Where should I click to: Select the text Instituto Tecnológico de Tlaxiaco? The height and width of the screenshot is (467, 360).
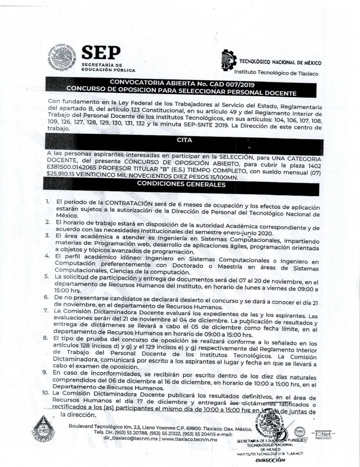[x=276, y=73]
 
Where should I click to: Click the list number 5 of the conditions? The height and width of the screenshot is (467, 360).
[x=47, y=276]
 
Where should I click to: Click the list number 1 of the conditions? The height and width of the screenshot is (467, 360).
[x=47, y=201]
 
